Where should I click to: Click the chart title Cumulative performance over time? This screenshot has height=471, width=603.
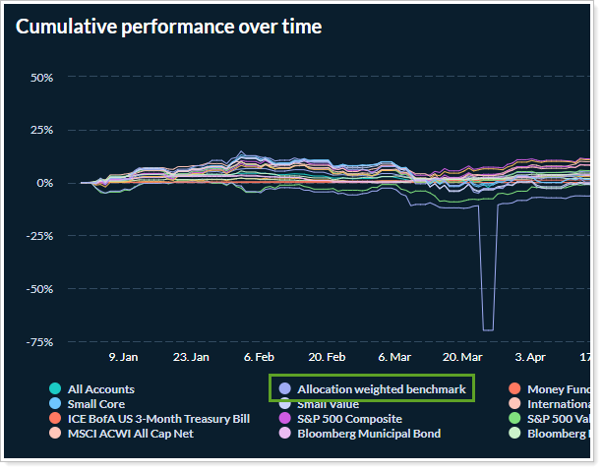coord(168,27)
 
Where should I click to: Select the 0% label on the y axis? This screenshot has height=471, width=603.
coord(43,183)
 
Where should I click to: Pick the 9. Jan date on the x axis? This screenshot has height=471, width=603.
coord(123,358)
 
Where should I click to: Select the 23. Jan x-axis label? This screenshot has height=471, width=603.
coord(190,358)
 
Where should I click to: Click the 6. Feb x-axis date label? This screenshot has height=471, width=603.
coord(259,358)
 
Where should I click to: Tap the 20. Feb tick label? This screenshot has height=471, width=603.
coord(326,358)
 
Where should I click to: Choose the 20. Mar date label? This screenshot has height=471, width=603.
coord(461,358)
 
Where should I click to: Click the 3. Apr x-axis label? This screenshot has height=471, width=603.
coord(529,358)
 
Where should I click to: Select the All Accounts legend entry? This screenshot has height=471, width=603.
coord(101,389)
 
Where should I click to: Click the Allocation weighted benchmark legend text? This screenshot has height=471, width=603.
coord(382,389)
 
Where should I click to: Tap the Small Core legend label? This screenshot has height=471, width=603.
coord(95,404)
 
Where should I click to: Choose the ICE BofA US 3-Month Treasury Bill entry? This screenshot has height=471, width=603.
coord(158,419)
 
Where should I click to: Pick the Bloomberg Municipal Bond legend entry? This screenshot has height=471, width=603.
coord(369,434)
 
